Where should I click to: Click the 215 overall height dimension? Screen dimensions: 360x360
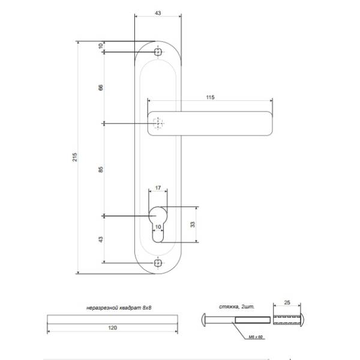coord(75,157)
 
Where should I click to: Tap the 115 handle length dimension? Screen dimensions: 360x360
coord(210,97)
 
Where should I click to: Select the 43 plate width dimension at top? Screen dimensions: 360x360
coord(158,13)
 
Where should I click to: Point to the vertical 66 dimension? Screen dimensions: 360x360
coord(101,88)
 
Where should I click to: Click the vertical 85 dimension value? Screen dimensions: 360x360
coord(101,170)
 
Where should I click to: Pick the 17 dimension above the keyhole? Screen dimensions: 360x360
coord(158,188)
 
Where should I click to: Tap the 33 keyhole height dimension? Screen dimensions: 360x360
coord(193,224)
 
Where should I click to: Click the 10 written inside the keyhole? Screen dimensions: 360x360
coord(158,227)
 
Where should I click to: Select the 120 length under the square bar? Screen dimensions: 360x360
coord(113,328)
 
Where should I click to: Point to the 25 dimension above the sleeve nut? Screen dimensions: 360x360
coord(287,302)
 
